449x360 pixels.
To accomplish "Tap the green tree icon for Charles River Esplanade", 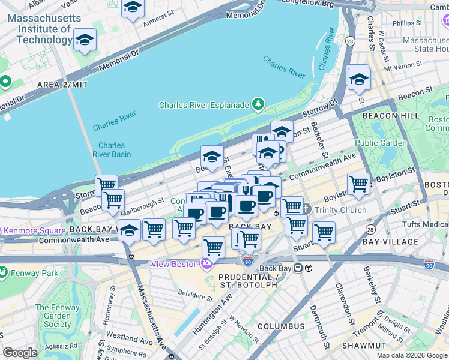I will (259, 105).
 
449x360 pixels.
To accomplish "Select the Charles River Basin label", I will (112, 149).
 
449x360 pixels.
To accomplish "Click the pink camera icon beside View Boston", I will (207, 264).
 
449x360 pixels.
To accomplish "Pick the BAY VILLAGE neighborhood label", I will (390, 242).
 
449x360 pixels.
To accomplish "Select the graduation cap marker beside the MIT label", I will (85, 40).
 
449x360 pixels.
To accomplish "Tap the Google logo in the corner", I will (20, 353).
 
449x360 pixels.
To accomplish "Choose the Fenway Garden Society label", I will (57, 316).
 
